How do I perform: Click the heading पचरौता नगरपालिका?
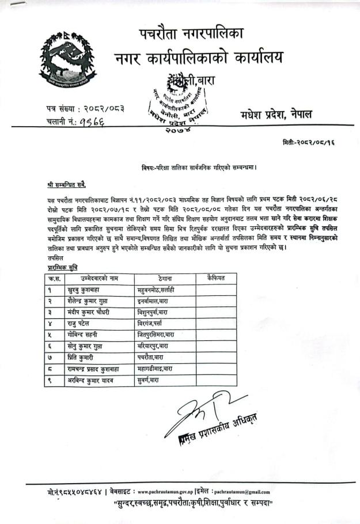(x=191, y=33)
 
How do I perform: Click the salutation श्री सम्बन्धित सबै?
(x=67, y=185)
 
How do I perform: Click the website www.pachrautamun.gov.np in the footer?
(x=172, y=492)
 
